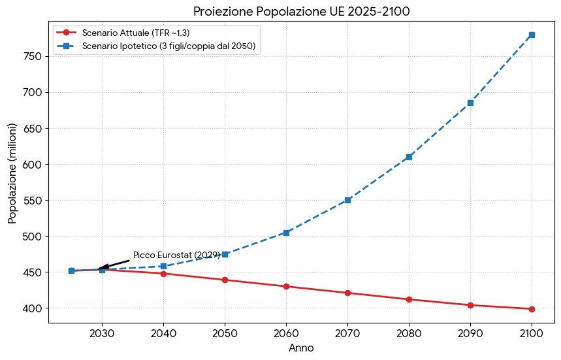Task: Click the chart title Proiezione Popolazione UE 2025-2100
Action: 301,11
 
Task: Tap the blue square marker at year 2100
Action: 532,35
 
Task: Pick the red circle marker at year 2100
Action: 532,309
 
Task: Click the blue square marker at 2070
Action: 347,200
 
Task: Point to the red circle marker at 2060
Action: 286,286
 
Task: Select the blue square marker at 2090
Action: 470,103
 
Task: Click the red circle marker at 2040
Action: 163,273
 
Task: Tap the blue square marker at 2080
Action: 409,157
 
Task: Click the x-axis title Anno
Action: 301,348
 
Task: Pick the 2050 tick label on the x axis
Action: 225,334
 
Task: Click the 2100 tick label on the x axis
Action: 532,334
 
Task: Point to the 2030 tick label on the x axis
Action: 102,334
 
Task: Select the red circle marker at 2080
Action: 409,299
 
